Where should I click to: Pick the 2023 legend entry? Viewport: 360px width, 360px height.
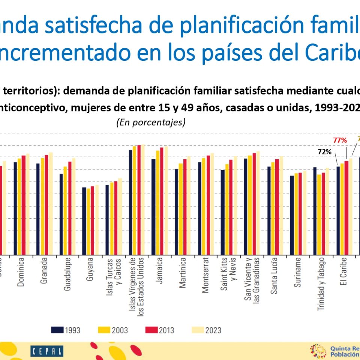[207, 330]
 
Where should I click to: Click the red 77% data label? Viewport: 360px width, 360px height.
[340, 141]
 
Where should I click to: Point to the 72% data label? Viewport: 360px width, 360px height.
[325, 152]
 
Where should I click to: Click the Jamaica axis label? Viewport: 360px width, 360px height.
[160, 270]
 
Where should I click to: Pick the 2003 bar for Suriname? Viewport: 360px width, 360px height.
[296, 214]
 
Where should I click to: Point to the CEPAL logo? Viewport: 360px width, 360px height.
[47, 351]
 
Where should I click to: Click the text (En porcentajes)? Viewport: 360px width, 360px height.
[151, 122]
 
